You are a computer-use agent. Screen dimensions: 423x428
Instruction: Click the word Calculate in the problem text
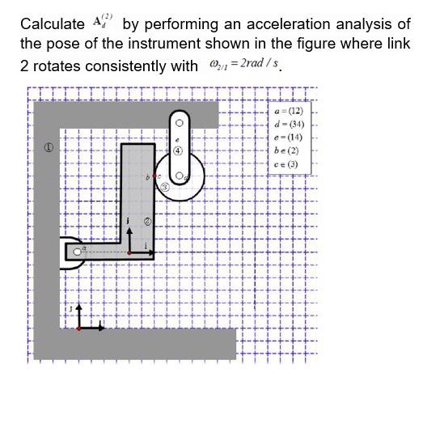pos(52,24)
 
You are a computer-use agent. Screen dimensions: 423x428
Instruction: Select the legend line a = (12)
pos(289,110)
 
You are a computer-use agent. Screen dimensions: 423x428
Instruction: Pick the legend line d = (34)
pos(289,124)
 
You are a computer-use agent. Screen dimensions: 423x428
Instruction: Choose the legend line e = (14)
pos(289,138)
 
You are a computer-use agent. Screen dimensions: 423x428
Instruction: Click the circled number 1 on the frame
pos(49,147)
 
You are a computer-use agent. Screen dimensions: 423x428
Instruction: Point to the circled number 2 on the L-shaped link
pos(147,220)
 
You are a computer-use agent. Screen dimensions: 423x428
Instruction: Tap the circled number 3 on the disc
pos(164,187)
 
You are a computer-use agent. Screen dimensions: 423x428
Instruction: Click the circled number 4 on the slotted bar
pos(178,151)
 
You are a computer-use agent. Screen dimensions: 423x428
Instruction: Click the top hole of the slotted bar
pos(179,124)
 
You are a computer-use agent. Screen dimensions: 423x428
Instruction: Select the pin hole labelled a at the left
pos(78,253)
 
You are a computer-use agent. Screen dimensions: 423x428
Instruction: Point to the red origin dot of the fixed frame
pos(78,328)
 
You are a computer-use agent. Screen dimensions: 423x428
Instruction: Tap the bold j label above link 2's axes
pos(127,219)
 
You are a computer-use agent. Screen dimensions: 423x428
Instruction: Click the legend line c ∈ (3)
pos(287,164)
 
